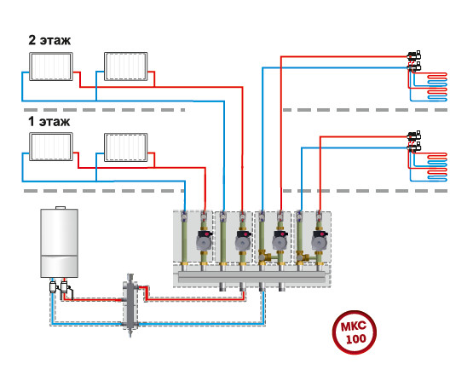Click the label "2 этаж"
click(49, 40)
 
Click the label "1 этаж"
click(49, 121)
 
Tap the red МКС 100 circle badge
click(355, 332)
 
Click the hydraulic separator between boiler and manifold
click(130, 304)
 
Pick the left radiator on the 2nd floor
click(51, 66)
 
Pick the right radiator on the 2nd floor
click(126, 66)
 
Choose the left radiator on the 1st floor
click(51, 147)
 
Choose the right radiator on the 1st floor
click(126, 147)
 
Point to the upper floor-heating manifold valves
click(414, 61)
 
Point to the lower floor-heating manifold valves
click(414, 141)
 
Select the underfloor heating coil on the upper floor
click(437, 87)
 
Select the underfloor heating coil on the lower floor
click(437, 167)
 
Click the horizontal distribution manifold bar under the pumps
click(252, 277)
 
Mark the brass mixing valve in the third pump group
click(265, 256)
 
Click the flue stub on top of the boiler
click(61, 207)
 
